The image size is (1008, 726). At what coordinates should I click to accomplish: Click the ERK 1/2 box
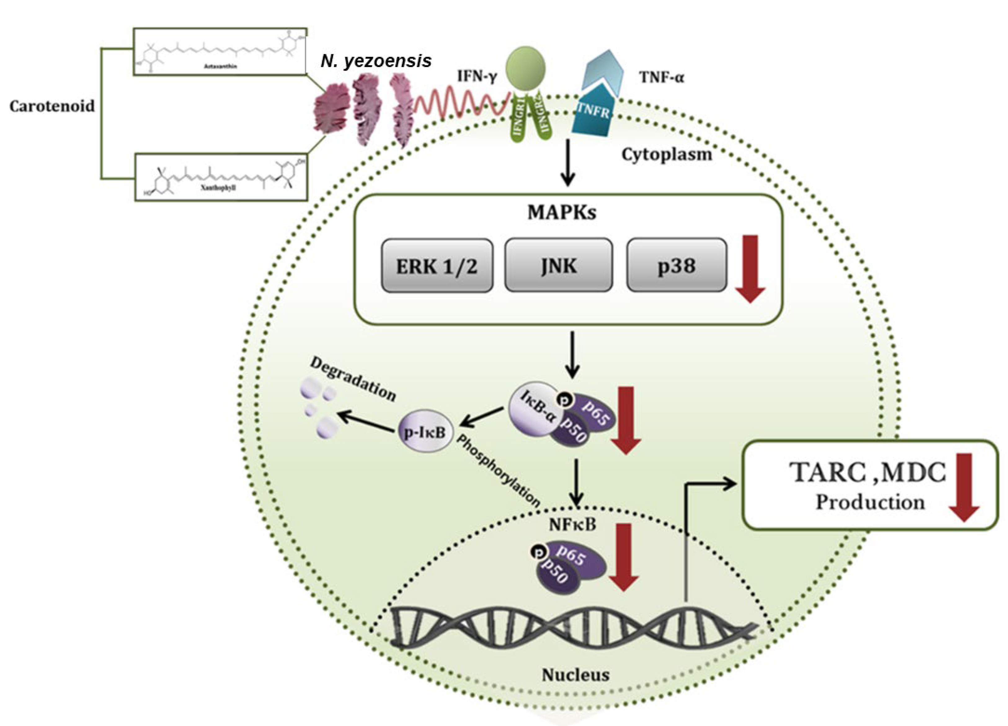tap(437, 265)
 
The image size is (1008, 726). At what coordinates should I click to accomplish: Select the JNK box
tap(559, 265)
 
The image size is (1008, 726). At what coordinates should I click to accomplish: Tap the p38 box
tap(677, 265)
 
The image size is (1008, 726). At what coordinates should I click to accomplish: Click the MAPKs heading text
tap(562, 212)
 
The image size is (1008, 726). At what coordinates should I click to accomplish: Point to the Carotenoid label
tap(52, 106)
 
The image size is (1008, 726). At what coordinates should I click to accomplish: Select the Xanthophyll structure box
tap(221, 177)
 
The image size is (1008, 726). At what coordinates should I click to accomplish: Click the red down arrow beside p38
tap(750, 269)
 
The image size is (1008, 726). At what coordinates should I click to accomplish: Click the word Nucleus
tap(575, 675)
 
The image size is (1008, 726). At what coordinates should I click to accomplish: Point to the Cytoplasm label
tap(667, 155)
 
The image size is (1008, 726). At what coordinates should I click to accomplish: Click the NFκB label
tap(572, 525)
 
